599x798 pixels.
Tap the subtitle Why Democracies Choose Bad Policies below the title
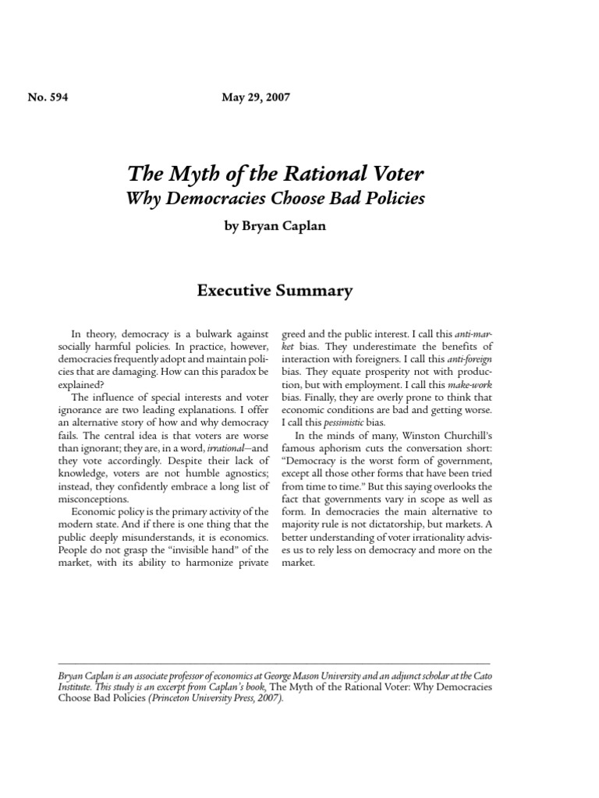tap(275, 198)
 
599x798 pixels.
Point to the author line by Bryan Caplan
tap(275, 227)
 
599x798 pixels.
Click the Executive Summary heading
tap(275, 291)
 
